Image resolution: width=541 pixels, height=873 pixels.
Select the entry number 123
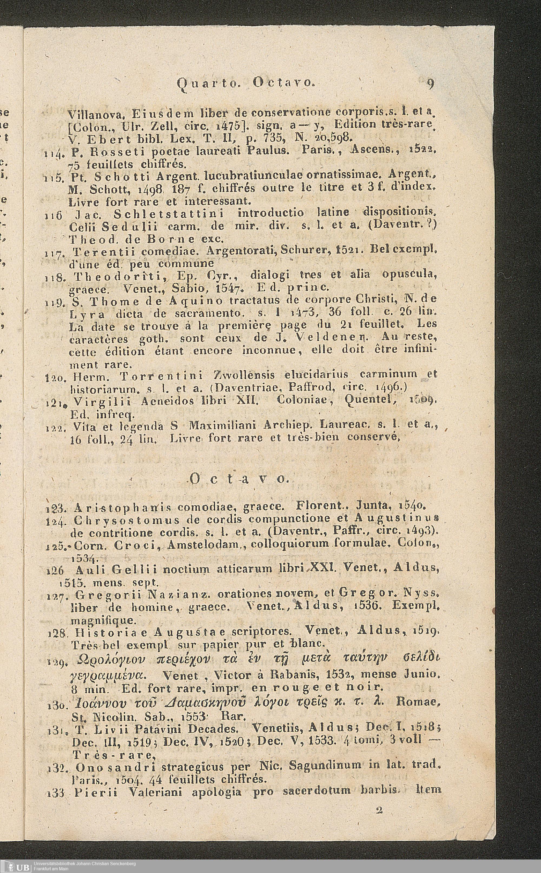[x=54, y=507]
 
